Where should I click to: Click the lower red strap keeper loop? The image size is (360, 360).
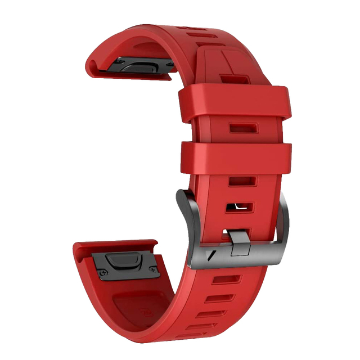pyautogui.click(x=236, y=157)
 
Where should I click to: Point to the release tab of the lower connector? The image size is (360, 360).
pyautogui.click(x=124, y=259)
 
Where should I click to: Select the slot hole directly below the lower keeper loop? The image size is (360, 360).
pyautogui.click(x=242, y=182)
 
